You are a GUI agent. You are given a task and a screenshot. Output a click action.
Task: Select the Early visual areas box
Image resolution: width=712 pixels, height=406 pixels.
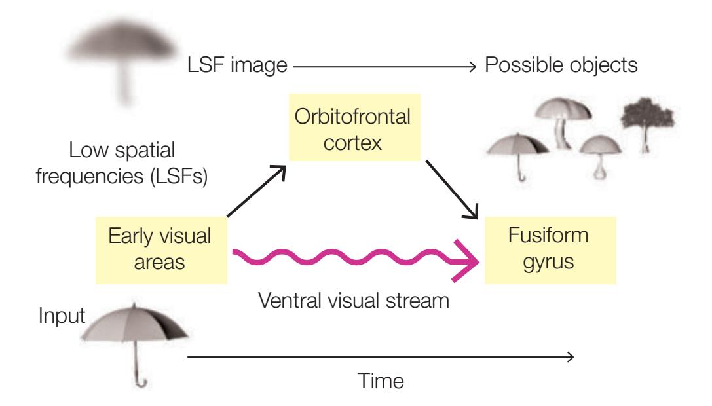click(x=161, y=249)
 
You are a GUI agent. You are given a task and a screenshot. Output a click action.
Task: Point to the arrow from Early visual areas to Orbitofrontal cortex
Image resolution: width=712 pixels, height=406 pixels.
click(x=255, y=193)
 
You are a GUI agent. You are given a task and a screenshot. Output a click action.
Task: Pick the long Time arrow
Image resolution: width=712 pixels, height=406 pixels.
click(x=380, y=357)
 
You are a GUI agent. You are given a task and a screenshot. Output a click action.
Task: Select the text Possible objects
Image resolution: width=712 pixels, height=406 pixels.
click(x=561, y=65)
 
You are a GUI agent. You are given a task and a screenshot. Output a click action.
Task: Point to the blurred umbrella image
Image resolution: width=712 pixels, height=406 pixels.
click(x=122, y=52)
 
